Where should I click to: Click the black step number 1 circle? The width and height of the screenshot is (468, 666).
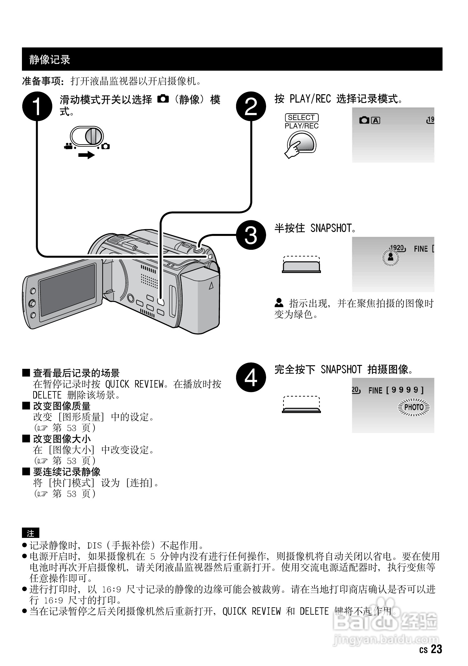(37, 106)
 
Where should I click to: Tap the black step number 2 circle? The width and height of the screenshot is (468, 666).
(251, 106)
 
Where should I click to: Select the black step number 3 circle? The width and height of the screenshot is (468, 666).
(251, 235)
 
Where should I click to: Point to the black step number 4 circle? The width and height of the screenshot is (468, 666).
(251, 376)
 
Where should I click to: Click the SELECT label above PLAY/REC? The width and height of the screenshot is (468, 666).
(302, 117)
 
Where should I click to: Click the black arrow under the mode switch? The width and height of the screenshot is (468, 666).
(86, 155)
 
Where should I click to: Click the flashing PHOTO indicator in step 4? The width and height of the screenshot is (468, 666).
(414, 407)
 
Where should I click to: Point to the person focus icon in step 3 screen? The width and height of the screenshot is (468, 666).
(391, 257)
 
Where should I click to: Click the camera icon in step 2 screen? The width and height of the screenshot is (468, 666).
(364, 120)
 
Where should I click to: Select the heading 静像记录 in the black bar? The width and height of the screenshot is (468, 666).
(50, 59)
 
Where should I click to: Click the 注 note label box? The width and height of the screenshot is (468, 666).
(30, 533)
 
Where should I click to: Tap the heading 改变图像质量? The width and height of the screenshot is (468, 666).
(62, 406)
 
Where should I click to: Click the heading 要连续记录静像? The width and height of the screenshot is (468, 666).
(67, 472)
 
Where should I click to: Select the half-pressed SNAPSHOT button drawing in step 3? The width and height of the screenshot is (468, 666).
(302, 266)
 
